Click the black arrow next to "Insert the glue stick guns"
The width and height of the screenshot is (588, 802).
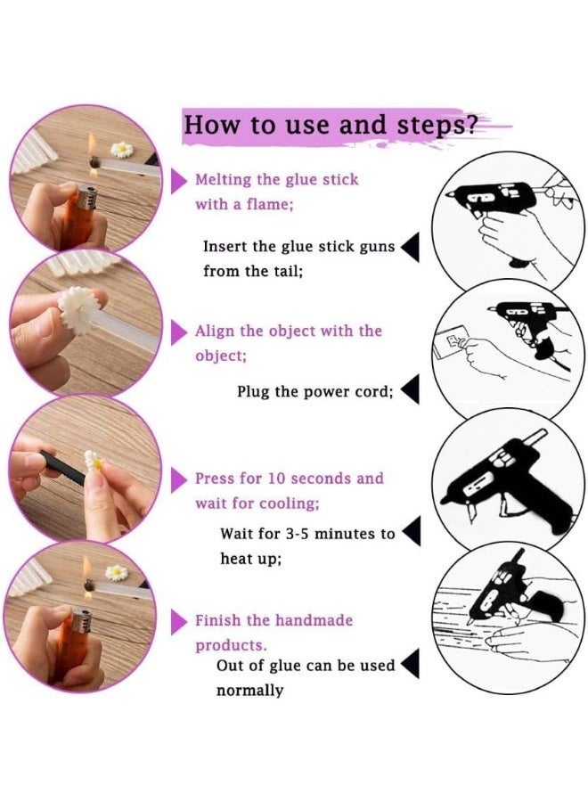pyautogui.click(x=411, y=248)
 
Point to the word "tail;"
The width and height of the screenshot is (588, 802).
pyautogui.click(x=289, y=271)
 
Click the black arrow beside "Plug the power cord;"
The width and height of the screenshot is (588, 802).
pyautogui.click(x=411, y=389)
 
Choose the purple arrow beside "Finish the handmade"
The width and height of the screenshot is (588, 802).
pyautogui.click(x=178, y=621)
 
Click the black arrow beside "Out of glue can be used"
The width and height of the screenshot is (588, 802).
pyautogui.click(x=411, y=663)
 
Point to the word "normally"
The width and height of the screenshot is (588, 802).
pyautogui.click(x=249, y=691)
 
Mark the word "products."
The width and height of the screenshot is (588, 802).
pyautogui.click(x=231, y=645)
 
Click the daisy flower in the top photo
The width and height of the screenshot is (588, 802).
pyautogui.click(x=122, y=149)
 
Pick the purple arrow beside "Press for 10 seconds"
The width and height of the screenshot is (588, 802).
pyautogui.click(x=178, y=479)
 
